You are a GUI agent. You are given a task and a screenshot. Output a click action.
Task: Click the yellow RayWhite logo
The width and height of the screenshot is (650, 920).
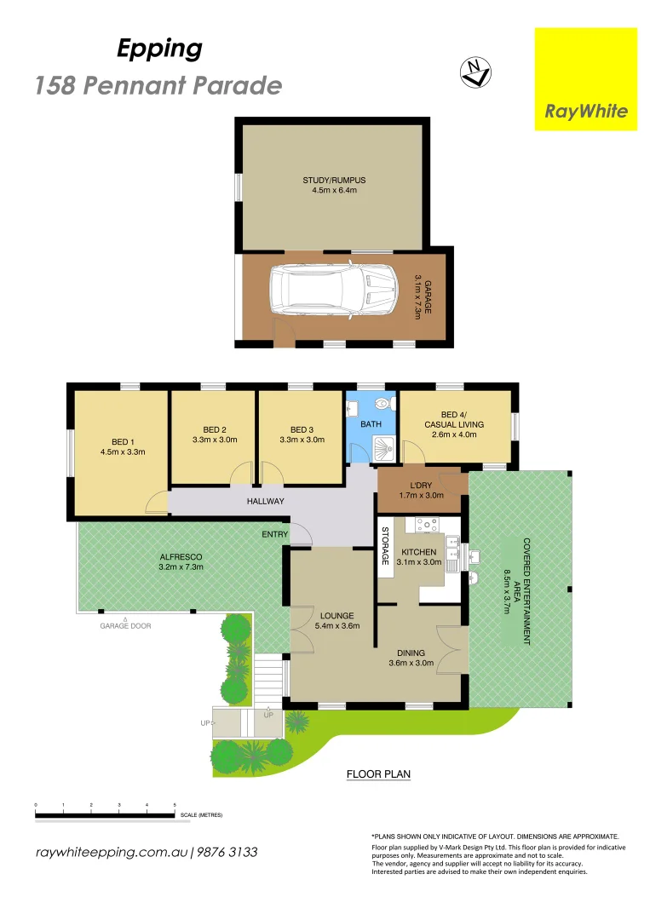pos(585,79)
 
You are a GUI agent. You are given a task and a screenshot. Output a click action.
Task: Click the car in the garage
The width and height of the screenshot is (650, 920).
pos(333,296)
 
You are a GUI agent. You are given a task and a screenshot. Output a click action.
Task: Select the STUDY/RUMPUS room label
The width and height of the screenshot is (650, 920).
pos(334,181)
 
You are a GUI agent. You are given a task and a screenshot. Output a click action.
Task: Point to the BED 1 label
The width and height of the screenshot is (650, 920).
pos(123,441)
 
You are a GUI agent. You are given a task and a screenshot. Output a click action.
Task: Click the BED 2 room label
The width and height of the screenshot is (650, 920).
pos(214,429)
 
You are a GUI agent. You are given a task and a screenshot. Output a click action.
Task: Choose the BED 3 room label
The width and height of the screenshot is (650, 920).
pos(301,429)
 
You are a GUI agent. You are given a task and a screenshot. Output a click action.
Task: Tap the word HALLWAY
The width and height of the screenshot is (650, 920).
pos(266,501)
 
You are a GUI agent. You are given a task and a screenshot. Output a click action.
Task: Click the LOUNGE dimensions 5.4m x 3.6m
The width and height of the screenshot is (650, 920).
pos(337,626)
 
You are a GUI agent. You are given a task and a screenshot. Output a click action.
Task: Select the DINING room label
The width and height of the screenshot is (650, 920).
pos(412,653)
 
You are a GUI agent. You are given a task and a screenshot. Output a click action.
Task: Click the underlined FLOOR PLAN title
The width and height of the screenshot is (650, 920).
pos(378,774)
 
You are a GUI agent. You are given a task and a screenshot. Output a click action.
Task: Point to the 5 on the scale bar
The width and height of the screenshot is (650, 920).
pos(175,804)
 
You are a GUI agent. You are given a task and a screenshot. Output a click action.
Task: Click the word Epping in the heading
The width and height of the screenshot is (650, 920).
pos(159,49)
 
